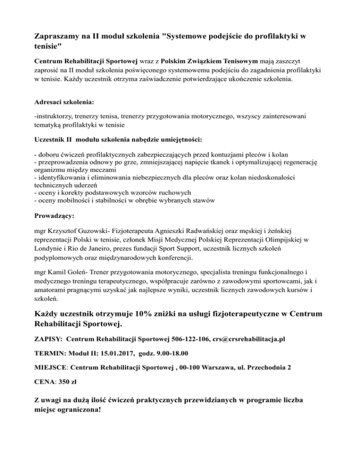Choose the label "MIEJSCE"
[x=52, y=368]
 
